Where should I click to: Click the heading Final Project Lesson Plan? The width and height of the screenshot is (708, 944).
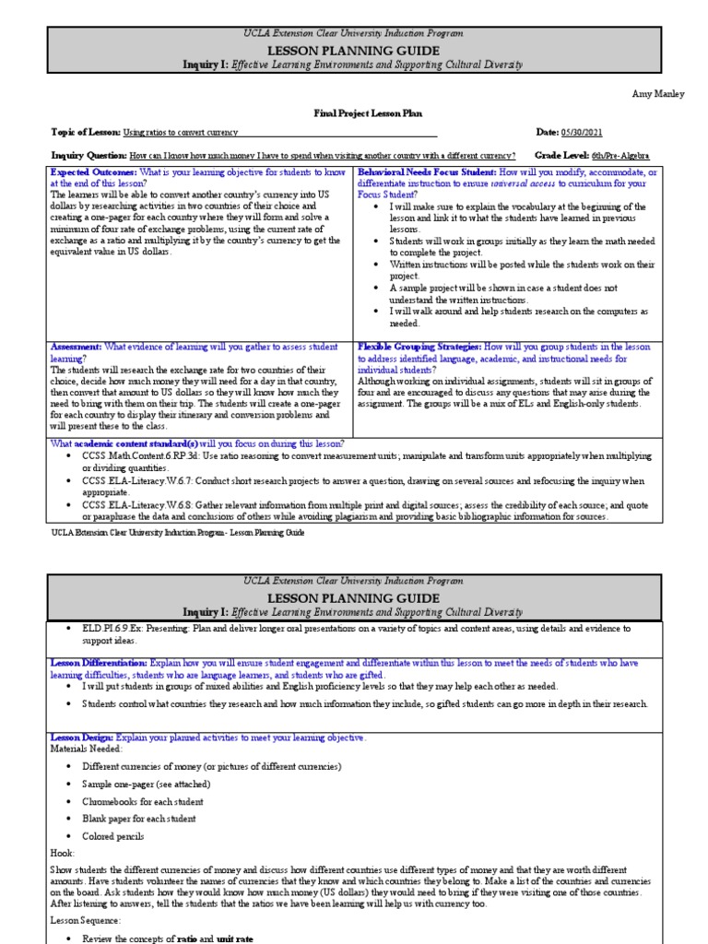coord(354,112)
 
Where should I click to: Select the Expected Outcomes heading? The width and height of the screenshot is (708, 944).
coord(93,172)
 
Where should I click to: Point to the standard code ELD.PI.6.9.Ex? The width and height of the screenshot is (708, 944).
coord(120,628)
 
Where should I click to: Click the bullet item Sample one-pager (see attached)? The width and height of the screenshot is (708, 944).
coord(146,784)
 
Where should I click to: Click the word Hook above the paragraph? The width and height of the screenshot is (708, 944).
coord(62,854)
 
